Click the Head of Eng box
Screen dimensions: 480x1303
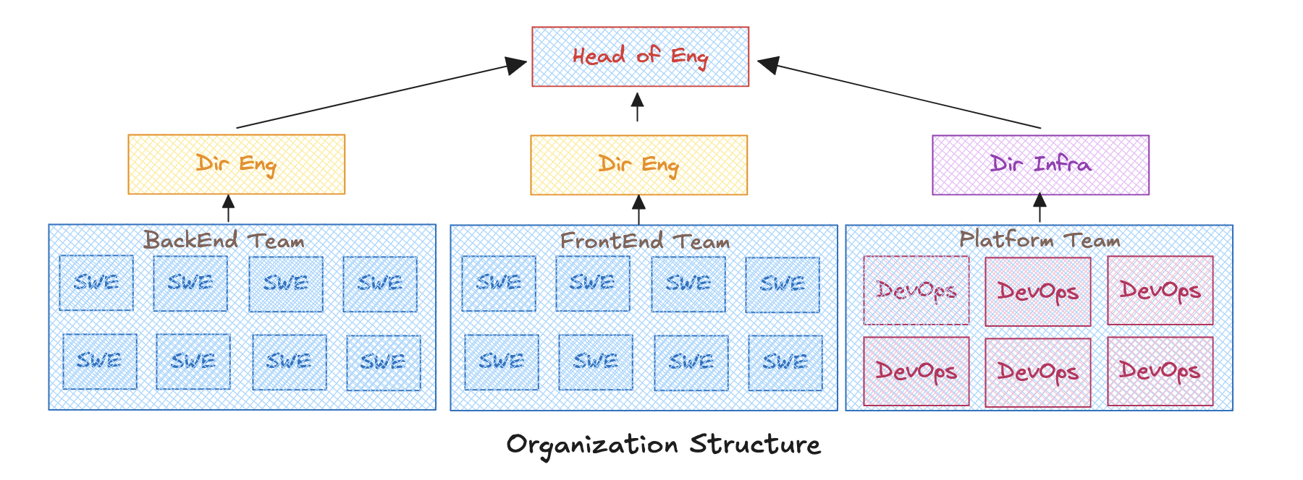[640, 56]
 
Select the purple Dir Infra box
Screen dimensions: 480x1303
[1040, 165]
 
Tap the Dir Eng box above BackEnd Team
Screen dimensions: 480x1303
[236, 164]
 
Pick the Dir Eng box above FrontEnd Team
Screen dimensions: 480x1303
[638, 165]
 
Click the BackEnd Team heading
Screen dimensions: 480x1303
[224, 240]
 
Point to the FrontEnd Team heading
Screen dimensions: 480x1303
[644, 241]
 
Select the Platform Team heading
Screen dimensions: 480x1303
[1040, 239]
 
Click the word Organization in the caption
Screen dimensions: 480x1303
[591, 445]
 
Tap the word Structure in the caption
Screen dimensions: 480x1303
[755, 444]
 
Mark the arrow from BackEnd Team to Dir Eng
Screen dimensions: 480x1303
[229, 209]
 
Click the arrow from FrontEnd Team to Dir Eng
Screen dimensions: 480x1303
[638, 210]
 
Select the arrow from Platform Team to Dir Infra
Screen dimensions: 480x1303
[1040, 208]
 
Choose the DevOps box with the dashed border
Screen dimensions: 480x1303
[916, 290]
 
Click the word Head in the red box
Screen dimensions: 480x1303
[599, 56]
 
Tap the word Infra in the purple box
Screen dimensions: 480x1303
[1062, 164]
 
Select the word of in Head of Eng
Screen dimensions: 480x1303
[648, 54]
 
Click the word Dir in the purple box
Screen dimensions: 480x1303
[1006, 164]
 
